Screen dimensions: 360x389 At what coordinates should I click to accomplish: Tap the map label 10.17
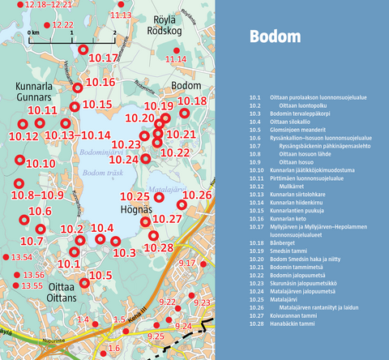click(x=103, y=58)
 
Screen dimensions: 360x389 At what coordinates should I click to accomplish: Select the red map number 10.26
click(x=198, y=196)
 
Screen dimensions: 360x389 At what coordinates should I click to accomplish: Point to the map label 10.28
click(x=158, y=247)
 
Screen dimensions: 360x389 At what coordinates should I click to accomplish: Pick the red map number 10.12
click(x=21, y=137)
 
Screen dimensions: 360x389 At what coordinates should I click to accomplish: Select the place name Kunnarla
click(x=33, y=85)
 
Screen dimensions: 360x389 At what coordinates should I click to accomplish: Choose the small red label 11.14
click(x=175, y=59)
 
